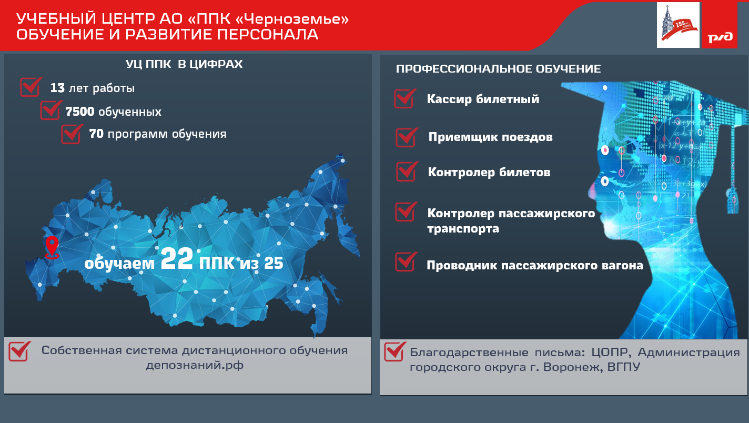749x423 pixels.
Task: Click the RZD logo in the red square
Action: point(720,37)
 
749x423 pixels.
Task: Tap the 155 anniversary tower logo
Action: point(678,25)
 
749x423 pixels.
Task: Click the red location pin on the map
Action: point(52,247)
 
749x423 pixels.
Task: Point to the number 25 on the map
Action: point(274,263)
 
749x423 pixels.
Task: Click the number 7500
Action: point(80,112)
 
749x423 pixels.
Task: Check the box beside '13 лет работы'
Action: point(31,87)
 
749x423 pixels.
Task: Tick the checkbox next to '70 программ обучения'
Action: point(72,134)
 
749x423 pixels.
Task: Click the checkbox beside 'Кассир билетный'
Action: point(405,98)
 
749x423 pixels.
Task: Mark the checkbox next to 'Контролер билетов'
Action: point(407,171)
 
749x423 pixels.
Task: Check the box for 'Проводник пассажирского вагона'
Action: point(406,261)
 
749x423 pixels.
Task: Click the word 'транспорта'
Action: point(463,229)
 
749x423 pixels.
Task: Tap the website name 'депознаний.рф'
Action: point(195,365)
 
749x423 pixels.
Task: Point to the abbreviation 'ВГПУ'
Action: point(624,367)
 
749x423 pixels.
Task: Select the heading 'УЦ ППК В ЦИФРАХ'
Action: point(184,64)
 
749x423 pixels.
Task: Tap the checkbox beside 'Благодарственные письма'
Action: point(395,351)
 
